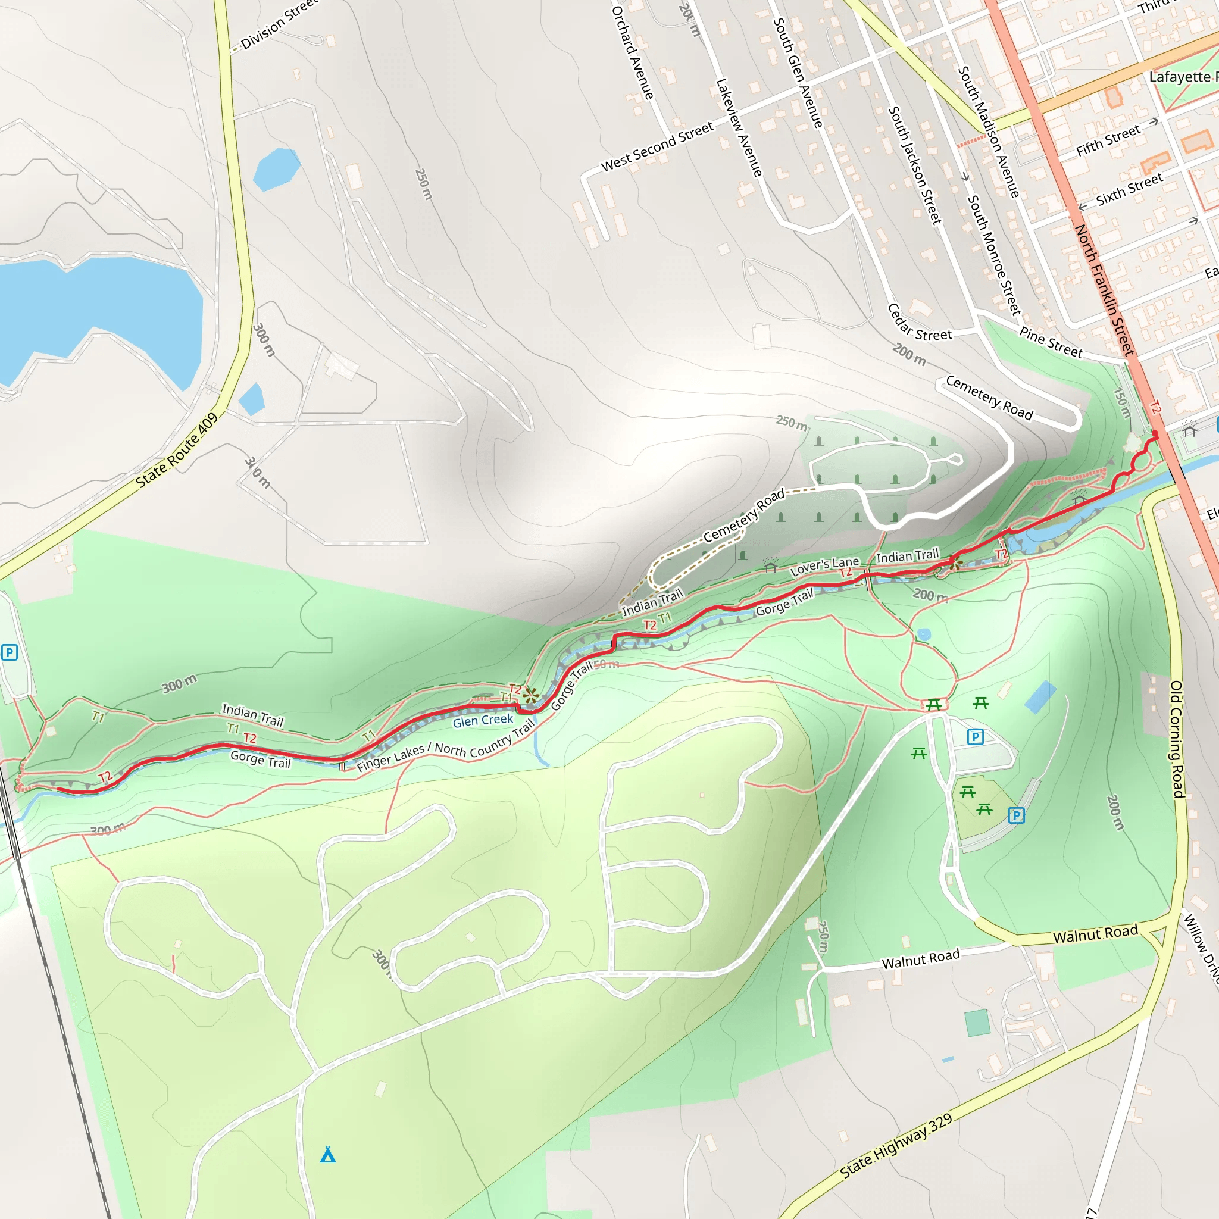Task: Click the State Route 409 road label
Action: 177,450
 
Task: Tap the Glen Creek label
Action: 483,721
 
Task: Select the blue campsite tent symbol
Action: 327,1155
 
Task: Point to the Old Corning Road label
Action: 1176,738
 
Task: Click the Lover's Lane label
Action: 824,566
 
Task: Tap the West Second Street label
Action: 657,146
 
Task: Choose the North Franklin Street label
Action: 1104,290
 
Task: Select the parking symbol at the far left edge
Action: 9,652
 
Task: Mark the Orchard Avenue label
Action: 632,52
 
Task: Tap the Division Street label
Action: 278,25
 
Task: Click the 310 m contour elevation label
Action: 257,473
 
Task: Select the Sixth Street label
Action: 1129,189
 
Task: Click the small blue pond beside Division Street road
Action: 276,168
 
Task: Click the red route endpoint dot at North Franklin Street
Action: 1155,434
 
